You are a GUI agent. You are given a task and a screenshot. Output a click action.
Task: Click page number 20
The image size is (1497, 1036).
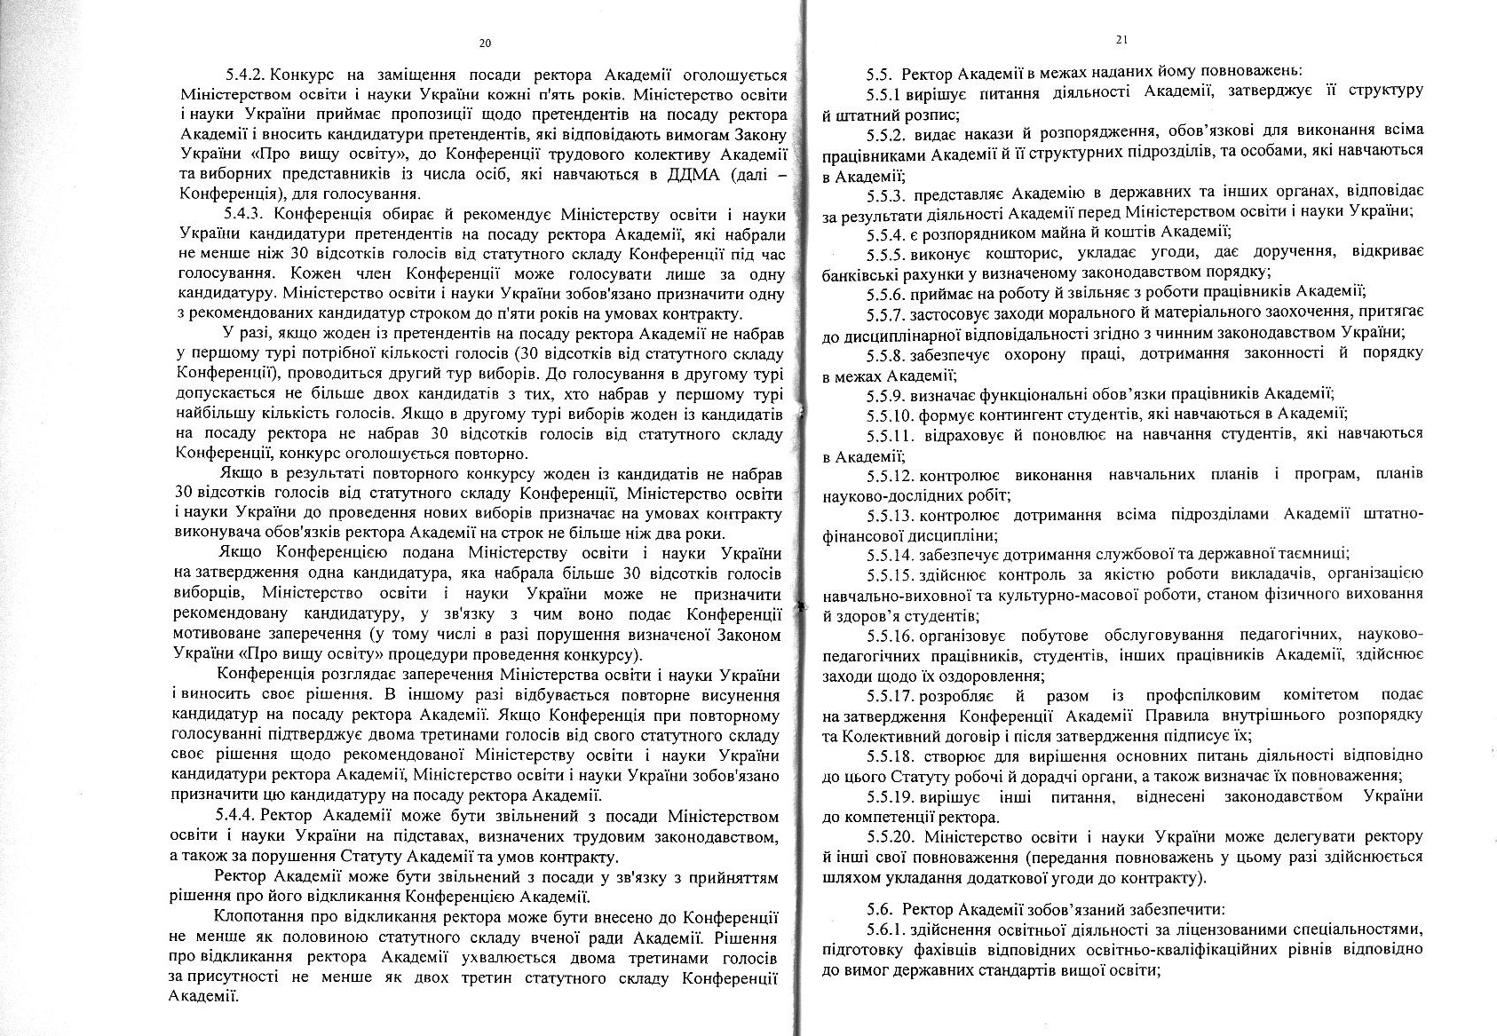(484, 43)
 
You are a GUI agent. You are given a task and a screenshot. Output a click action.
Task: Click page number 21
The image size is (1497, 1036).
(1122, 39)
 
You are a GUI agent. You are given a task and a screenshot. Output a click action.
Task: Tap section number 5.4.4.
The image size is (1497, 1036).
(236, 816)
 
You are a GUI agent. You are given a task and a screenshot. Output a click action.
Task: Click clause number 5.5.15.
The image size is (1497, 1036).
(890, 573)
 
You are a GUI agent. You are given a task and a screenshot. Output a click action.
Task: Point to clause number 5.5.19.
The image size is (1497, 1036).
(890, 797)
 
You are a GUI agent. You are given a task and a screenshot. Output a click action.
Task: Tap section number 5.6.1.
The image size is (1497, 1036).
(886, 929)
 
